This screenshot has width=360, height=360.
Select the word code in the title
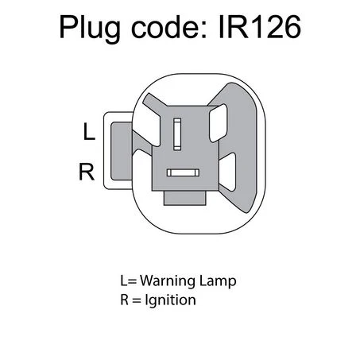(165, 26)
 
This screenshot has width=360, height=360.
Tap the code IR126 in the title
(260, 26)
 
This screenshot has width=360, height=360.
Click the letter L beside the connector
(89, 131)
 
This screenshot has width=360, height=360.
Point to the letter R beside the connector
(87, 172)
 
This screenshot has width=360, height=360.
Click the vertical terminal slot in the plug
(177, 134)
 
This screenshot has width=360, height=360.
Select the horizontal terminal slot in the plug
(183, 172)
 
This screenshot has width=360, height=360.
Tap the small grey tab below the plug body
(185, 198)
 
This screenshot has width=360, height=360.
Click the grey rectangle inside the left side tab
(122, 151)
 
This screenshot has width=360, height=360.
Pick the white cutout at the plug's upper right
(219, 123)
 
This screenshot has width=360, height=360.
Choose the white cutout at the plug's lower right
(227, 172)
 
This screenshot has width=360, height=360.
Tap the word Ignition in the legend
(170, 301)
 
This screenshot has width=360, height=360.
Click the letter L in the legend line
(123, 281)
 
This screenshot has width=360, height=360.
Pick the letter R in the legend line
(125, 300)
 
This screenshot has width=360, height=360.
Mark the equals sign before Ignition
(137, 300)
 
